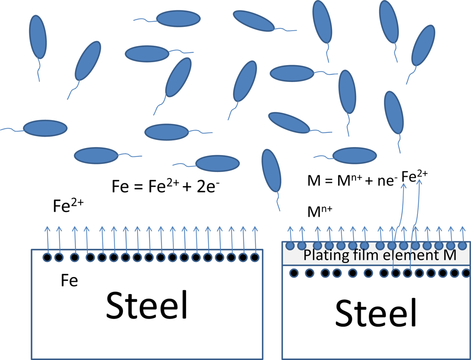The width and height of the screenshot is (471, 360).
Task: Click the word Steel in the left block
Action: tap(147, 305)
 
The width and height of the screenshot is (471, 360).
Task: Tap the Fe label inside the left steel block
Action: tap(69, 281)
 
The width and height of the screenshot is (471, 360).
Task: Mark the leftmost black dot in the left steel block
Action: tap(47, 257)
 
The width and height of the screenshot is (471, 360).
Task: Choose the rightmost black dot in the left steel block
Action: tap(255, 257)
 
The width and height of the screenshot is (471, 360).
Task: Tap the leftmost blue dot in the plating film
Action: tap(290, 245)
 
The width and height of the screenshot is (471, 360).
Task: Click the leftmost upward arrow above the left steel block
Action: tap(47, 238)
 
